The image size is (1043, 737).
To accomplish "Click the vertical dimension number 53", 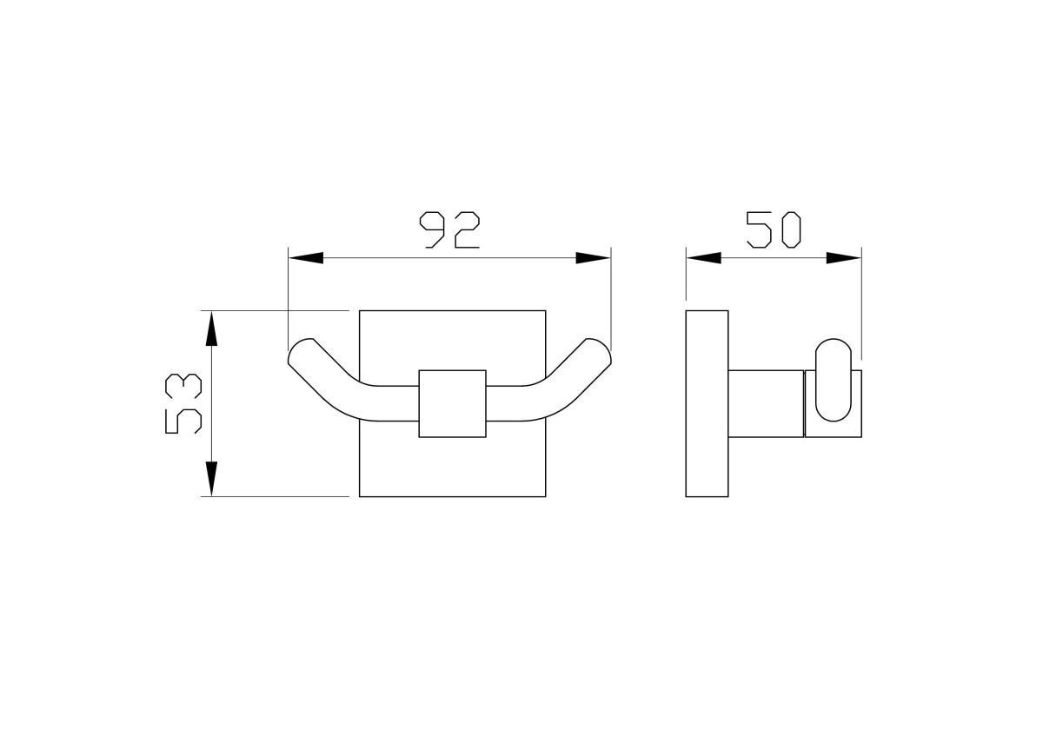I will coord(183,403).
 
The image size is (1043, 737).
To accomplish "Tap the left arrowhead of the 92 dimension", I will coord(305,258).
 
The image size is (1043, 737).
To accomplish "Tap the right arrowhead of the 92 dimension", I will coord(593,258).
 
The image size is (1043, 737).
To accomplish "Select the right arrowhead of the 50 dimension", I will coord(844,258).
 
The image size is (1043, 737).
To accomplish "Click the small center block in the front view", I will coord(452,403).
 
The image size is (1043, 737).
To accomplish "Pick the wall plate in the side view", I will coord(707,403).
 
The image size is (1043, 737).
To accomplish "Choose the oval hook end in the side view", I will coord(833,380).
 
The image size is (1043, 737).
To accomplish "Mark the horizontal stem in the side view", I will coord(765,403).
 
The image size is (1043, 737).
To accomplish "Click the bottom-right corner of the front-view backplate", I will coord(545,496).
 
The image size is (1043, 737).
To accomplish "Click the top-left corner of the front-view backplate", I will coord(360,309).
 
